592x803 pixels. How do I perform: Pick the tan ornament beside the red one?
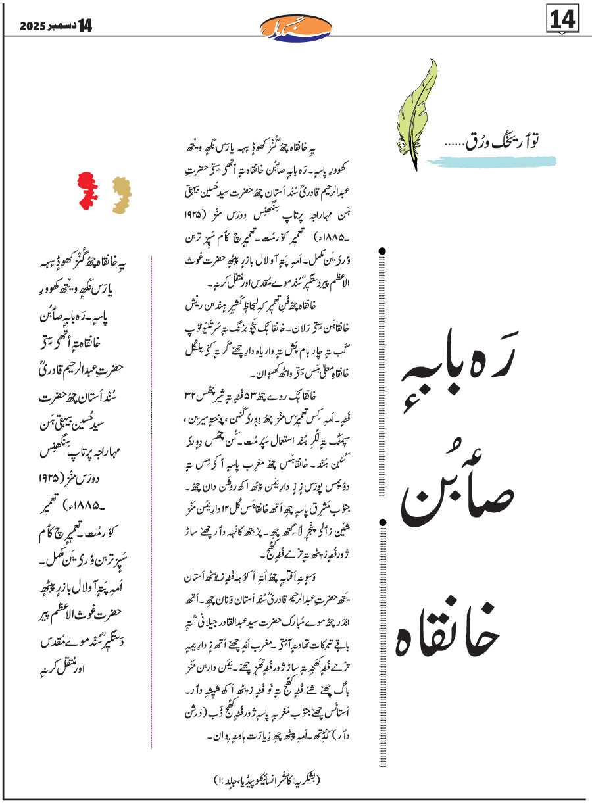tap(118, 196)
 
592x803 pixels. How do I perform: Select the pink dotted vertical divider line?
tap(152, 500)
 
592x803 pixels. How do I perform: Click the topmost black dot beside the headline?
tap(382, 251)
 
